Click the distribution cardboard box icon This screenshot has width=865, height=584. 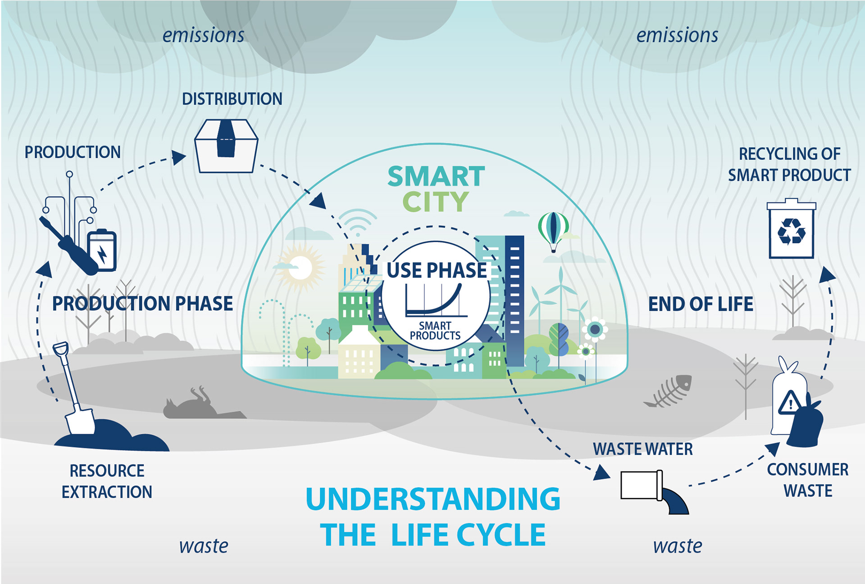(226, 146)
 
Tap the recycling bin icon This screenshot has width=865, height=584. (791, 229)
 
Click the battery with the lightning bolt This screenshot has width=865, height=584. (102, 250)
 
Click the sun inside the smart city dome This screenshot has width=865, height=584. (300, 268)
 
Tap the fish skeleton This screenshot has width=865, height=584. (669, 391)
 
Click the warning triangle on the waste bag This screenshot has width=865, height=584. (789, 403)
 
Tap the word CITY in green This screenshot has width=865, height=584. (436, 202)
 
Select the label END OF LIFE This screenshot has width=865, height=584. (701, 304)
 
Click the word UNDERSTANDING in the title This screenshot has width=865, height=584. (433, 499)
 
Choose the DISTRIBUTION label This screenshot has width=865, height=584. (232, 99)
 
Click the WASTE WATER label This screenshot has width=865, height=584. (643, 449)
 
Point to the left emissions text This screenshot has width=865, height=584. (204, 36)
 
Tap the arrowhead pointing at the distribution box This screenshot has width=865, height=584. (179, 157)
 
